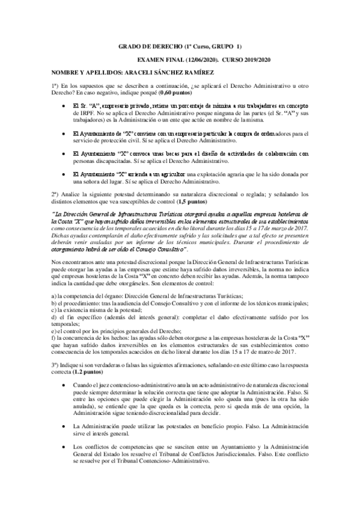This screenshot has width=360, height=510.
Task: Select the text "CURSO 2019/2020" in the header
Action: point(246,60)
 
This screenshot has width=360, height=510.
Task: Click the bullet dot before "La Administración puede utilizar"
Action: point(63,443)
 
